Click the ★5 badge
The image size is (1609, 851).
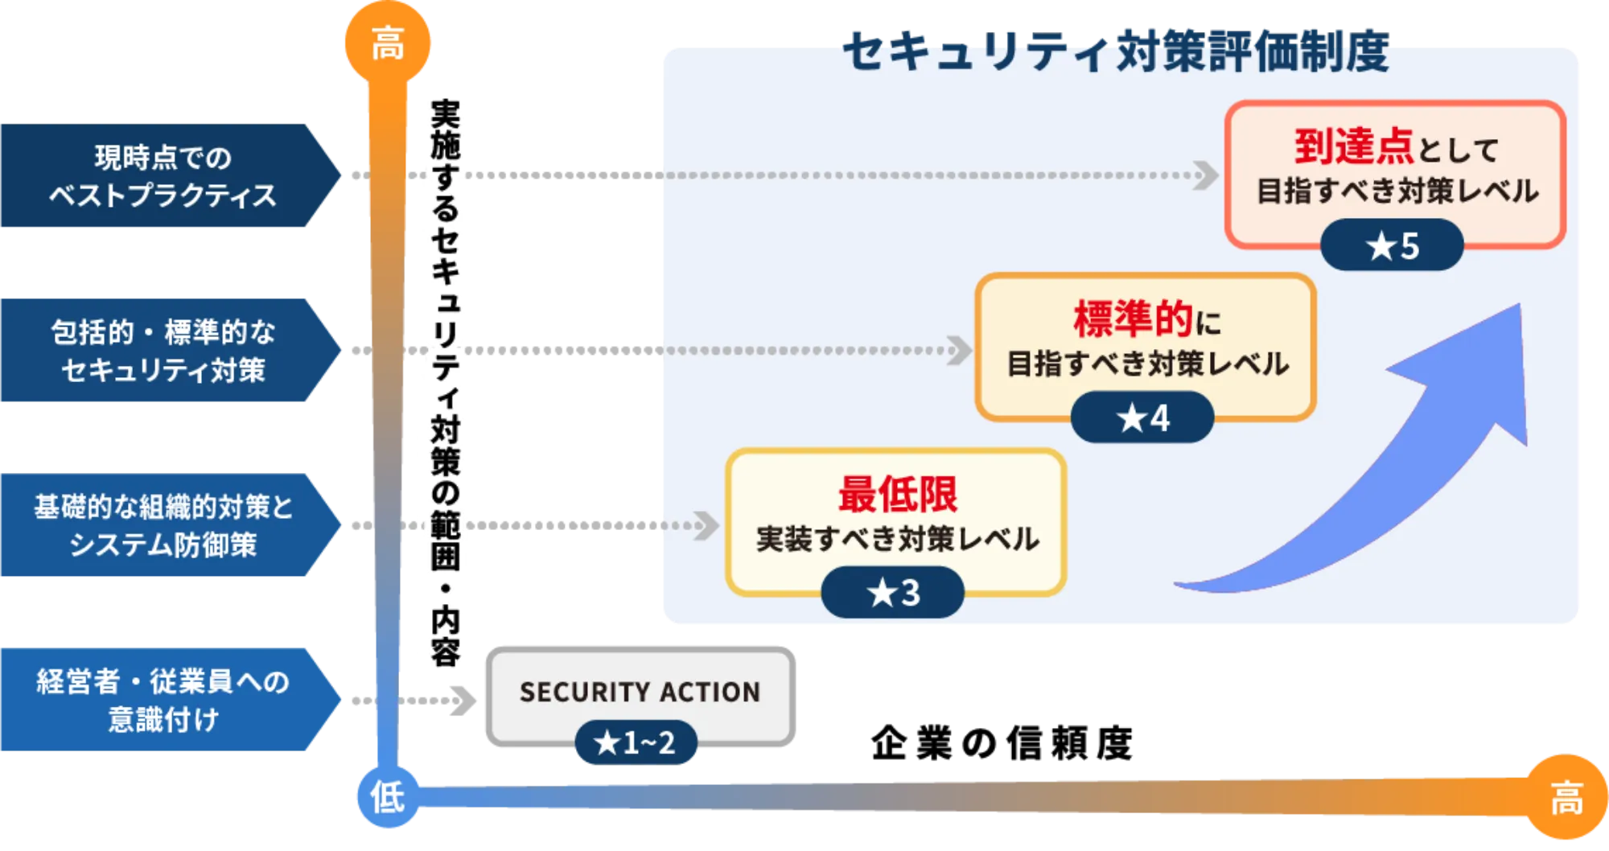(1392, 245)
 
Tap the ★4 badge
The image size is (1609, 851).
(1142, 417)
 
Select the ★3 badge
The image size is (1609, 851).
(892, 593)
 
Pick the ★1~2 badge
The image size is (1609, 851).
(635, 742)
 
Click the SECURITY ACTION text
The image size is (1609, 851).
(640, 692)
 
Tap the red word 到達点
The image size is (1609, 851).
(1353, 147)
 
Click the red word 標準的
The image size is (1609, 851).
(1133, 319)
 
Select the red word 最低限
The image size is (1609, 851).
(897, 494)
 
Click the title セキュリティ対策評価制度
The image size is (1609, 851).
(1116, 52)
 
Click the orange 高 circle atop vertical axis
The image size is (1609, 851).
(388, 43)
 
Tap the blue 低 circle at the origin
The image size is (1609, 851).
(388, 797)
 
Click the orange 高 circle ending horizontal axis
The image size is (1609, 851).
(1566, 799)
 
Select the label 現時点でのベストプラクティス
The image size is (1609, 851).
(163, 176)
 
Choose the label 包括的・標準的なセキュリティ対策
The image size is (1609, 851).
(163, 351)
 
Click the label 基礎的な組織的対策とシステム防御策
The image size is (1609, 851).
(163, 525)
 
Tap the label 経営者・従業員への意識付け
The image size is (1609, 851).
(163, 699)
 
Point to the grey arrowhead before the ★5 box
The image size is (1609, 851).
(1205, 175)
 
